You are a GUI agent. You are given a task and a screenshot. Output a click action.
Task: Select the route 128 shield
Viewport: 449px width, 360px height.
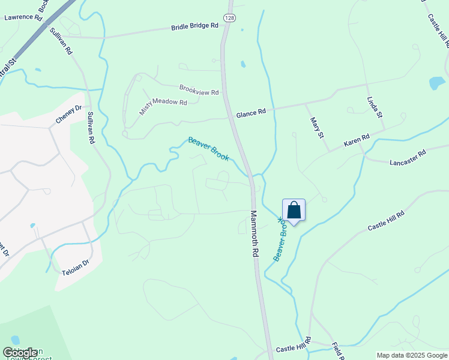click(229, 19)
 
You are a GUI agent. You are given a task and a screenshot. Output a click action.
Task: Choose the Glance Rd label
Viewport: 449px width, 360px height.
click(251, 113)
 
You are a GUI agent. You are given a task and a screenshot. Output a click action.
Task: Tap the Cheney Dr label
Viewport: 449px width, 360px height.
click(68, 115)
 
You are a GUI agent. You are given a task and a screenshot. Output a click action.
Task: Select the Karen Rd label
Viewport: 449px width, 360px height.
click(357, 142)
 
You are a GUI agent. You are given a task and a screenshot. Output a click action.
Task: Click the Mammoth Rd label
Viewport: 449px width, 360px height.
click(255, 234)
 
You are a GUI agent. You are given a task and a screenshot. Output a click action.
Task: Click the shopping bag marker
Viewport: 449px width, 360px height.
click(294, 210)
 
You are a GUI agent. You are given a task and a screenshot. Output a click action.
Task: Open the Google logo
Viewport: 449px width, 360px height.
click(20, 353)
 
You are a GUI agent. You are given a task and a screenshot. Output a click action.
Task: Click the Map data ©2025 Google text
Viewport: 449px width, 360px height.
click(412, 355)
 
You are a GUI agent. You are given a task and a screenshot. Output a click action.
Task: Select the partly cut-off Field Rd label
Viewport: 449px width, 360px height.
click(337, 351)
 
